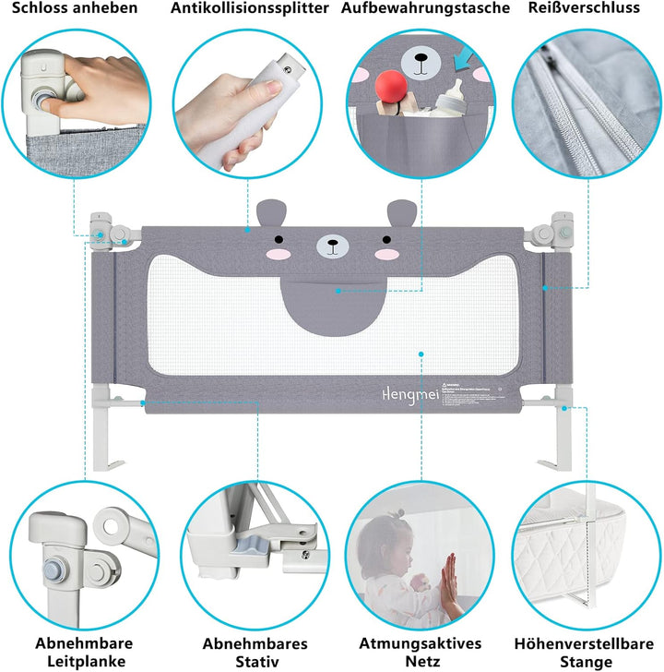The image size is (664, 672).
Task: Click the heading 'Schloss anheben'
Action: [75, 8]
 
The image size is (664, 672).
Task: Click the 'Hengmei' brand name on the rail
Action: [407, 392]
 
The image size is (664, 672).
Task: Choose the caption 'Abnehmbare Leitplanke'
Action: [84, 652]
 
